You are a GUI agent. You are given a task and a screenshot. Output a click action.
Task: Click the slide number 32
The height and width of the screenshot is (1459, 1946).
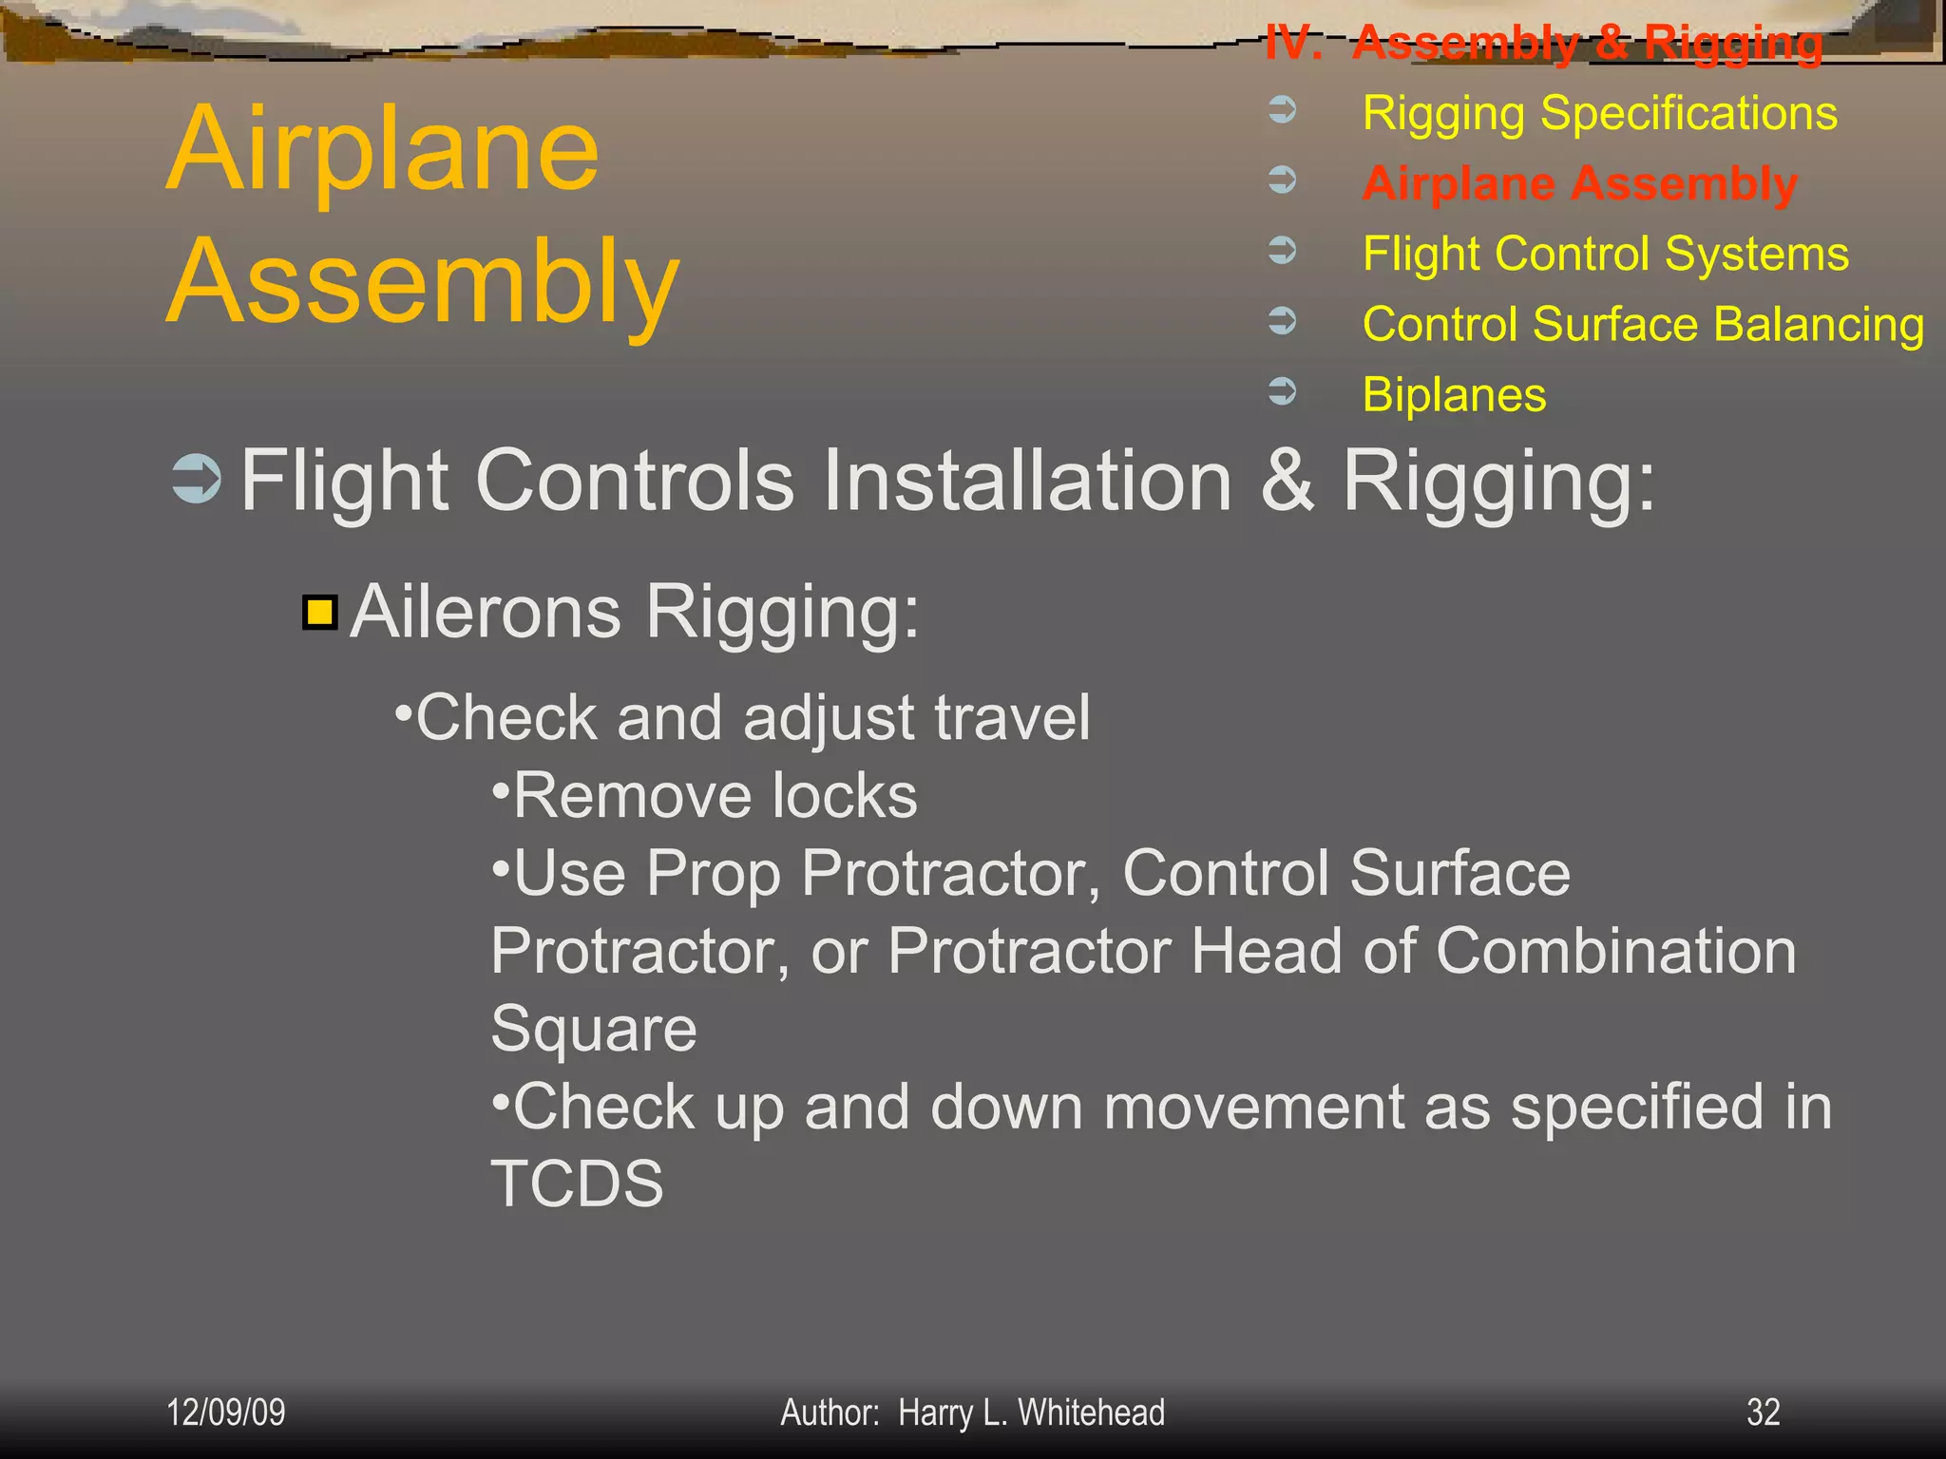tap(1763, 1412)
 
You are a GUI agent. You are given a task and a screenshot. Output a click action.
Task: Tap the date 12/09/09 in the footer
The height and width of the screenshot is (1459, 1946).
tap(225, 1412)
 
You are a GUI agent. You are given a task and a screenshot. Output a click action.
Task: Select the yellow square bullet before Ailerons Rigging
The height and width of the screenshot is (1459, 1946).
tap(320, 613)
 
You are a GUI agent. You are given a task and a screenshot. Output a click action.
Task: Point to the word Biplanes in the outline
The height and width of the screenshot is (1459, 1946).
tap(1454, 394)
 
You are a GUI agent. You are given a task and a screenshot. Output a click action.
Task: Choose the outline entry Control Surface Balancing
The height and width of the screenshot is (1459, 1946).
tap(1643, 324)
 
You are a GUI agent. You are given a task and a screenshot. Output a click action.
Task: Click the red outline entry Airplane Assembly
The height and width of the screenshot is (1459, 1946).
tap(1579, 183)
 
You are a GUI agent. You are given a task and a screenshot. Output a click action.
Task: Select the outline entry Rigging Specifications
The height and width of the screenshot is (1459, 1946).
tap(1599, 113)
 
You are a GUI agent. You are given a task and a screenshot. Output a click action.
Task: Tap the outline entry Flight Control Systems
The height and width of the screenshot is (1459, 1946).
tap(1605, 254)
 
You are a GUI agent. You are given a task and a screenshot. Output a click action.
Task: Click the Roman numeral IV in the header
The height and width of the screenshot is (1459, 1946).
tap(1292, 43)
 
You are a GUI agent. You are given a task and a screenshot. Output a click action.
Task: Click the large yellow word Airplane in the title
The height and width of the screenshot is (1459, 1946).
tap(383, 149)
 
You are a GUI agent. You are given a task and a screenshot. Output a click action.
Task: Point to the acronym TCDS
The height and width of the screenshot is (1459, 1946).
tap(577, 1184)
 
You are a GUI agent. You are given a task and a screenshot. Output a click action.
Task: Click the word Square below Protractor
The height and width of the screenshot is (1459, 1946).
tap(594, 1029)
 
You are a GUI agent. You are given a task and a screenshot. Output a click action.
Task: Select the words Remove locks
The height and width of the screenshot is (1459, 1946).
tap(715, 795)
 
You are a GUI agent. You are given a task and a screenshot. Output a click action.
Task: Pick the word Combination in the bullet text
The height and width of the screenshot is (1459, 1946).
tap(1615, 950)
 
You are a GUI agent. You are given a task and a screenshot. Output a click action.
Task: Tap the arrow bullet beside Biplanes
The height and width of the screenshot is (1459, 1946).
tap(1283, 390)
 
